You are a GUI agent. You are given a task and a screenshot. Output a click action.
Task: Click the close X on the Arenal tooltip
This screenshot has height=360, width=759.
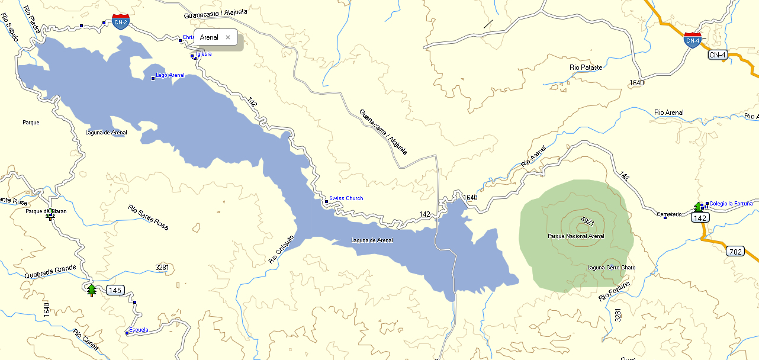point(227,37)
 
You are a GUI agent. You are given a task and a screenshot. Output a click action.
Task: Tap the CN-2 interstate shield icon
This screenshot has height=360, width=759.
point(121,22)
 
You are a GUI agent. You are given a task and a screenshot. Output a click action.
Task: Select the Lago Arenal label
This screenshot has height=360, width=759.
point(170,75)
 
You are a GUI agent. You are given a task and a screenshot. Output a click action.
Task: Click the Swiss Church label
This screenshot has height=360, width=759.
point(346,198)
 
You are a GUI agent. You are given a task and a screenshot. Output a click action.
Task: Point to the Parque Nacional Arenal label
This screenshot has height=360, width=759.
point(576,236)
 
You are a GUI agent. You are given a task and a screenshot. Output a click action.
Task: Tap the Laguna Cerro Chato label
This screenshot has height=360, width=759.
point(611,268)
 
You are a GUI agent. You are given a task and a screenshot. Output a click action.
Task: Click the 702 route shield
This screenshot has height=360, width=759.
point(735,252)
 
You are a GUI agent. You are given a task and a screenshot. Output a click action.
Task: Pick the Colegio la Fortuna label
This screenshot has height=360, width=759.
point(731,204)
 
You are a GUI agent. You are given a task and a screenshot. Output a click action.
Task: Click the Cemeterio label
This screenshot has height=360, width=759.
point(669,214)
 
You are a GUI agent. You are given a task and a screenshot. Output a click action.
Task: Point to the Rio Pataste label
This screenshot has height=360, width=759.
point(586,67)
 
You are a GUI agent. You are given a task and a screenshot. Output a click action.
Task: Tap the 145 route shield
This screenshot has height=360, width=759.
point(115,290)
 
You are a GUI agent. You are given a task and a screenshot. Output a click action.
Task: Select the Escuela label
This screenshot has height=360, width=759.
point(139,330)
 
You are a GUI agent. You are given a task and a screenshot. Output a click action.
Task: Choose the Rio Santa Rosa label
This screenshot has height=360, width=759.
point(148,217)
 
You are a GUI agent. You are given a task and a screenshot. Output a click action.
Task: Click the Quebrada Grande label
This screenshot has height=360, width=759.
point(50,272)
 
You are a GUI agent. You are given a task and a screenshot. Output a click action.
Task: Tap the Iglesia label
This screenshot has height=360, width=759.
point(204,54)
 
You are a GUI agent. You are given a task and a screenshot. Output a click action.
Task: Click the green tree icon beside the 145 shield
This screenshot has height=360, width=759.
point(91,290)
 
